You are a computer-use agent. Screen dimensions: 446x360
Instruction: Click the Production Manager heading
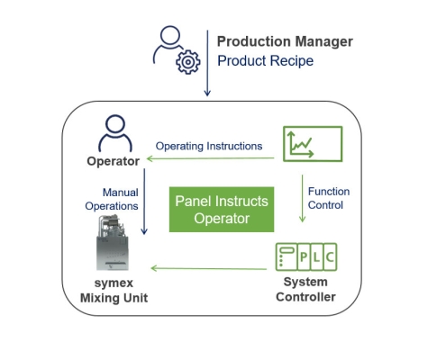[x=285, y=41]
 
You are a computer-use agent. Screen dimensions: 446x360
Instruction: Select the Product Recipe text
[x=266, y=61]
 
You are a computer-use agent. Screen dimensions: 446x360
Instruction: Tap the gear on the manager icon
[x=188, y=62]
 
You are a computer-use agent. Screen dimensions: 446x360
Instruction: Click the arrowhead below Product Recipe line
[x=207, y=93]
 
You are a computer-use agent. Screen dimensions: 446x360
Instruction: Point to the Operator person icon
[x=115, y=133]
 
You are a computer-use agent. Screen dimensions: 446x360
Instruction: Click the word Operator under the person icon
[x=114, y=161]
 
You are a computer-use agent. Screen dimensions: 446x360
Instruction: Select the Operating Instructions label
[x=209, y=146]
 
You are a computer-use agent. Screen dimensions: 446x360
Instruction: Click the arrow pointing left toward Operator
[x=210, y=158]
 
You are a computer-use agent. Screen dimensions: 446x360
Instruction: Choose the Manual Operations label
[x=112, y=199]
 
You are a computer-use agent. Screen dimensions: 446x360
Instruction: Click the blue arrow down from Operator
[x=144, y=202]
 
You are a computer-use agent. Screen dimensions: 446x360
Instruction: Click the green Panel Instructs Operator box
[x=222, y=210]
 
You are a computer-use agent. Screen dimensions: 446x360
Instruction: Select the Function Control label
[x=329, y=198]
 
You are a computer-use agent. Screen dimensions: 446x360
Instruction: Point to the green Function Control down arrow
[x=303, y=199]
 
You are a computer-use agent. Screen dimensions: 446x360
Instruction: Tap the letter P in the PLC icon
[x=304, y=257]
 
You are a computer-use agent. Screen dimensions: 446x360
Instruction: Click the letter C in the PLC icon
[x=330, y=257]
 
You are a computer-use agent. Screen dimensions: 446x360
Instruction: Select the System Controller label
[x=305, y=290]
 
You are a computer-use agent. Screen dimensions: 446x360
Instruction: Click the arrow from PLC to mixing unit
[x=209, y=268]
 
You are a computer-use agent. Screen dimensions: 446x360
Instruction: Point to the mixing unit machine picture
[x=113, y=242]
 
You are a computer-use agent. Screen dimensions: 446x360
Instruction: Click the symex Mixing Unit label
[x=114, y=291]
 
